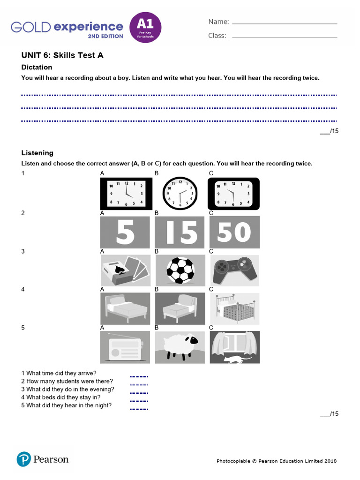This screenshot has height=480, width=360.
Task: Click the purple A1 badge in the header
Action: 145,27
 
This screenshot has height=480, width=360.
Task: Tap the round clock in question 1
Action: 180,193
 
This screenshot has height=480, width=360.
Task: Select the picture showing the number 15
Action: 180,232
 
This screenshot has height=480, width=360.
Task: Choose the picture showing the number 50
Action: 234,232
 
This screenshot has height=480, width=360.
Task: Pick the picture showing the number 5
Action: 125,232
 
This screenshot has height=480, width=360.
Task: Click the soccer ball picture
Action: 180,270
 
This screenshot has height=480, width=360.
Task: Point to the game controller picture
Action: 234,270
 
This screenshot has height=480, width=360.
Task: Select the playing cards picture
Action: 125,270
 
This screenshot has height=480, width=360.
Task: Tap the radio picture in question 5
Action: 125,347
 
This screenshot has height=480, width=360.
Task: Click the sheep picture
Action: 180,347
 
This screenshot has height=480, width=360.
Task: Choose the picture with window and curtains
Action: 234,347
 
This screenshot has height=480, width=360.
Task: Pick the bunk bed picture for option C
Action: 234,309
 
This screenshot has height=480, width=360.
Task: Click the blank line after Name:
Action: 285,22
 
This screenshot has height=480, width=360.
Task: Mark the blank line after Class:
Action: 285,37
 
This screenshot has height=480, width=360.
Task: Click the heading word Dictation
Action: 37,67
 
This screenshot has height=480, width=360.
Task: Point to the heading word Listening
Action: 37,153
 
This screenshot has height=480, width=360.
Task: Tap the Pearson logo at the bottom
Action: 43,459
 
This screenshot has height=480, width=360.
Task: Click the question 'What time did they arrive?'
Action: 59,374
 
